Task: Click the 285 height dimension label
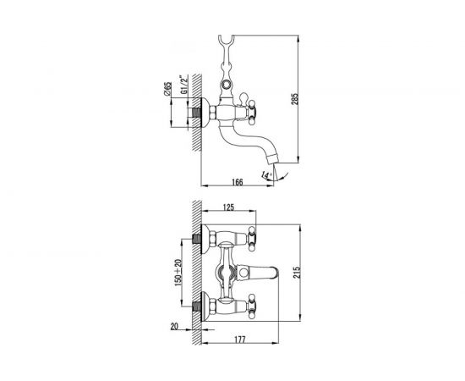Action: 295,98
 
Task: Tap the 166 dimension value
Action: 238,182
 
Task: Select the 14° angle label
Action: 266,175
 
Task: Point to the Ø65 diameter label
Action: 167,89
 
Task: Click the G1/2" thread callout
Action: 184,85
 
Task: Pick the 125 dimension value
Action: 228,207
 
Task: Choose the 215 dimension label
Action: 297,272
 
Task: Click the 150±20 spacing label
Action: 178,273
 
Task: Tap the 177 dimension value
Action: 239,340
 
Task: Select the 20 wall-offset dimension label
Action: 174,326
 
